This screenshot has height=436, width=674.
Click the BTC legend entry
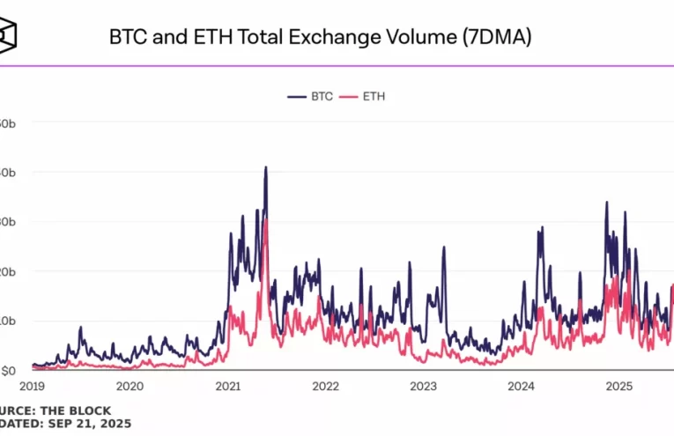click(310, 96)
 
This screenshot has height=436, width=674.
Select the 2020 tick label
click(130, 386)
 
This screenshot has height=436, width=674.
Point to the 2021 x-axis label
click(227, 386)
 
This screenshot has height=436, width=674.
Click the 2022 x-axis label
click(325, 386)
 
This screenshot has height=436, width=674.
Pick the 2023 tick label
click(423, 386)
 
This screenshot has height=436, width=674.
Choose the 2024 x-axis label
click(521, 386)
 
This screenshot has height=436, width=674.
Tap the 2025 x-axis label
click(618, 386)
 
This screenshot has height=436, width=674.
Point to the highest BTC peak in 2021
click(265, 167)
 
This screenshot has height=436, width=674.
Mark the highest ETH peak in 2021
click(265, 220)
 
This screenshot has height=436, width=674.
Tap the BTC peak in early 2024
click(540, 228)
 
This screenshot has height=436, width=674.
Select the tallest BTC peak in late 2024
click(606, 203)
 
